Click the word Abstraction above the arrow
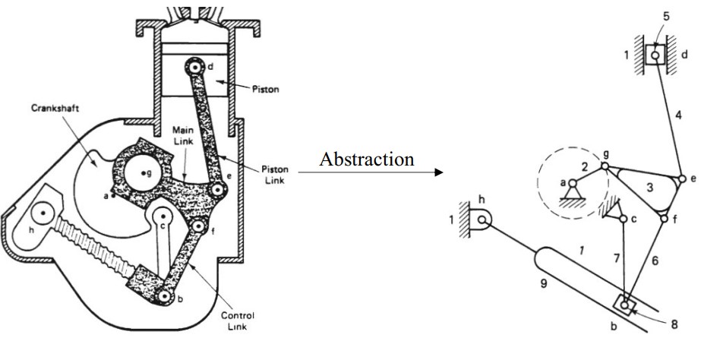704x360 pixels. [368, 159]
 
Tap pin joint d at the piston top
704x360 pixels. [197, 68]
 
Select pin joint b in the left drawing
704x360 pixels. [163, 297]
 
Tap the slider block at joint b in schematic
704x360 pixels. [624, 305]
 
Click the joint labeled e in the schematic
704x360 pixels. [677, 178]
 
